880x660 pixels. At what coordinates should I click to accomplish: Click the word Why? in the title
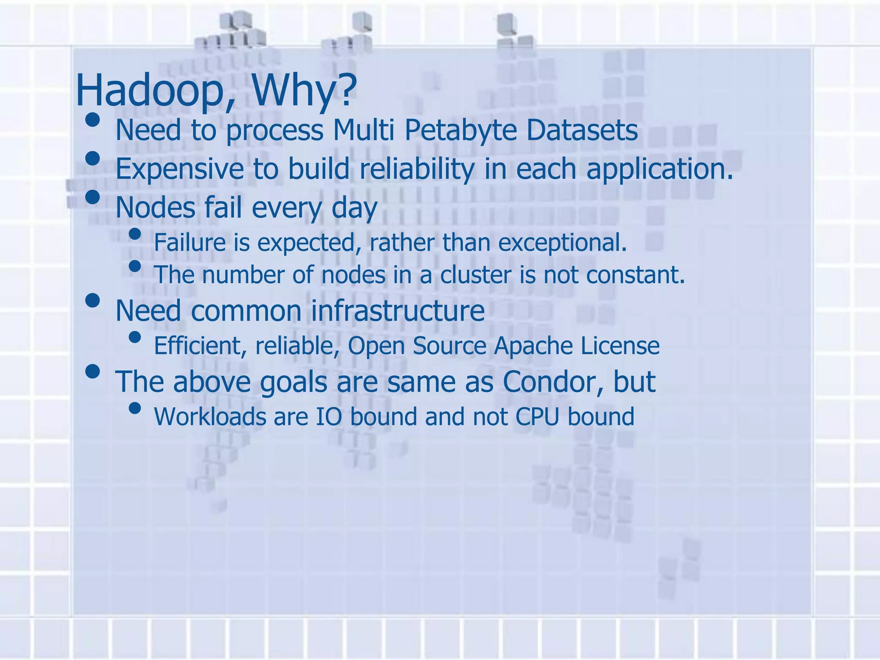304,91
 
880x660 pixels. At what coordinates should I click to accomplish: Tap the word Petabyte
460,130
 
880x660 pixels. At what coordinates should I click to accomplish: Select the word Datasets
582,130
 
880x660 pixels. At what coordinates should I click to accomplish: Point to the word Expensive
179,169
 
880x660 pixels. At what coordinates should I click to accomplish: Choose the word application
660,169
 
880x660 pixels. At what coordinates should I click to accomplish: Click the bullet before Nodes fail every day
92,197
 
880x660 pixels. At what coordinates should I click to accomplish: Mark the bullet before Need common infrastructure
92,300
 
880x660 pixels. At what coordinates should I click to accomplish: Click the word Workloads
210,416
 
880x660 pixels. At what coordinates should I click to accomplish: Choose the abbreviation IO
329,416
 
